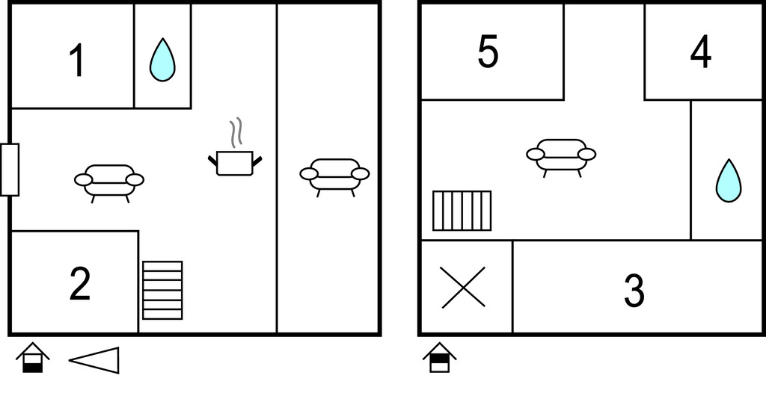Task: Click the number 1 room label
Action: [78, 61]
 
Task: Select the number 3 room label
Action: [634, 291]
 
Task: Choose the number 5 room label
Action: [488, 52]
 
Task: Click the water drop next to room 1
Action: [162, 60]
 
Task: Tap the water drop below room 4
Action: [729, 181]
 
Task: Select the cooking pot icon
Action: [235, 163]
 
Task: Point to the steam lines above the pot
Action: [236, 132]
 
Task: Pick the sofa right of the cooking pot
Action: [334, 177]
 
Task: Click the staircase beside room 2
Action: [162, 291]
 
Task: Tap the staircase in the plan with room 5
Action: [462, 211]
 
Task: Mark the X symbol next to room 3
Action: [464, 288]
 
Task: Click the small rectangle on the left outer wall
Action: [9, 170]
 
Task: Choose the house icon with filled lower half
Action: [33, 358]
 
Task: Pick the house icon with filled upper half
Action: [440, 358]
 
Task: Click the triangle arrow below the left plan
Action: [94, 360]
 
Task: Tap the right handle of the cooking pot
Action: [257, 161]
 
